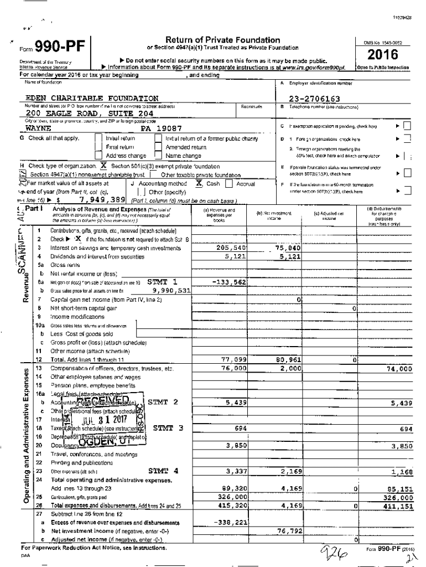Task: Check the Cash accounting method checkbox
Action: (x=192, y=183)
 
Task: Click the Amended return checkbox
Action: (x=158, y=147)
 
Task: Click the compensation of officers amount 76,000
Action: (x=233, y=368)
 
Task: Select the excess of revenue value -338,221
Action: (x=229, y=522)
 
